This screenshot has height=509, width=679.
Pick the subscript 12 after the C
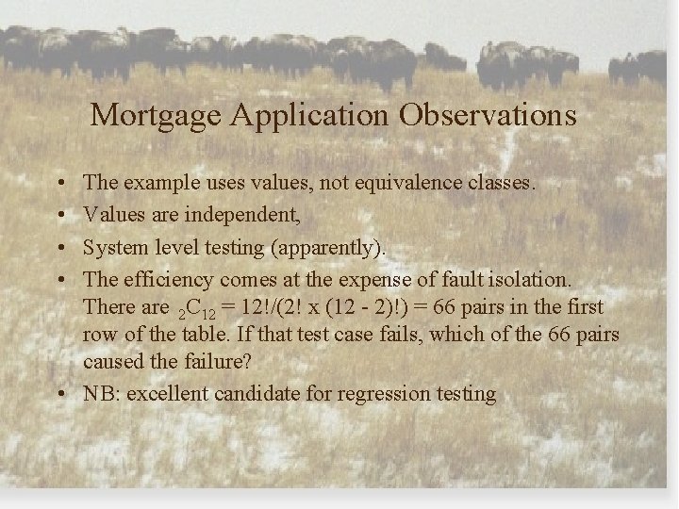[x=209, y=313]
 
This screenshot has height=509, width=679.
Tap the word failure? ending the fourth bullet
[x=202, y=363]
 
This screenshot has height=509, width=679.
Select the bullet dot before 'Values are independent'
[x=59, y=216]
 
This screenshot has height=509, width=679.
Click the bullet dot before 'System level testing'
[x=59, y=247]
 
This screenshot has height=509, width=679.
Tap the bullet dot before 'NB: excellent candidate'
[x=59, y=394]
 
